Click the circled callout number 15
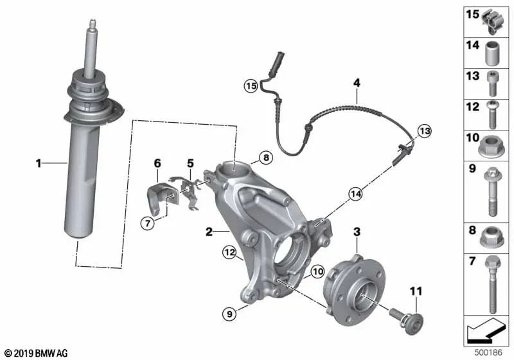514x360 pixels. pyautogui.click(x=250, y=85)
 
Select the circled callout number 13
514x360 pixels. pyautogui.click(x=422, y=130)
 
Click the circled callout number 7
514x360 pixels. pyautogui.click(x=147, y=223)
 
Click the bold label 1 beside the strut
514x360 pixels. pyautogui.click(x=39, y=165)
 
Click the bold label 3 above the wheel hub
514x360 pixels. pyautogui.click(x=357, y=231)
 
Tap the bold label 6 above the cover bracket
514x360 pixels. pyautogui.click(x=157, y=163)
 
